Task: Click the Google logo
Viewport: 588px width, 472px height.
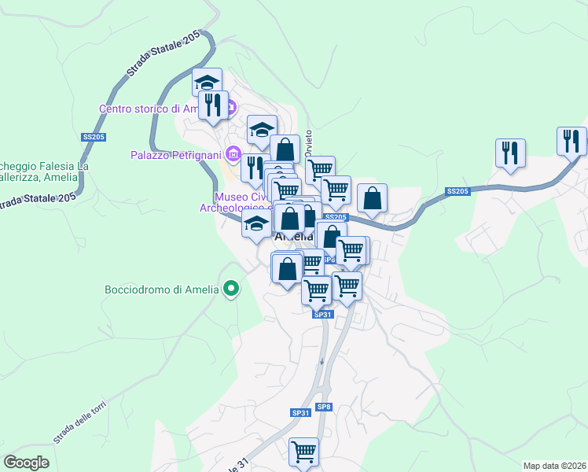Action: tap(27, 462)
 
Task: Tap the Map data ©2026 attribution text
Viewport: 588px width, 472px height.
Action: tap(555, 465)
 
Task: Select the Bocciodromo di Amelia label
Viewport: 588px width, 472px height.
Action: tap(161, 289)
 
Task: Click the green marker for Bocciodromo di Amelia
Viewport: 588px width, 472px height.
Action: tap(230, 289)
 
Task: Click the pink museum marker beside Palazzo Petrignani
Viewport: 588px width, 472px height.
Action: tap(232, 153)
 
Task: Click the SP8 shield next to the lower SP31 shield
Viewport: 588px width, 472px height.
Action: tap(324, 407)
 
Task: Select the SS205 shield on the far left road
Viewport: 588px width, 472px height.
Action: tap(93, 137)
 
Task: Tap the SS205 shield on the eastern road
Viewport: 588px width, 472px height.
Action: tap(457, 191)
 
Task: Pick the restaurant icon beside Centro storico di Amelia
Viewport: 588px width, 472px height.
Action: tap(213, 105)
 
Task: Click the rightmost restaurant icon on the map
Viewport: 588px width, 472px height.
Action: tap(571, 141)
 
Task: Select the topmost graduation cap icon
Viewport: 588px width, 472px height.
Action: tap(207, 82)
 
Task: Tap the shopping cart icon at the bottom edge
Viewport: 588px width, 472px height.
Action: tap(303, 452)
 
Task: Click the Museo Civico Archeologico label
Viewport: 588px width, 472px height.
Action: tap(244, 202)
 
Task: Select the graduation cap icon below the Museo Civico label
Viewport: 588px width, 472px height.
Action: tap(256, 223)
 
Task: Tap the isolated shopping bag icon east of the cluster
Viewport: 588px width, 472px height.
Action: tap(372, 198)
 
